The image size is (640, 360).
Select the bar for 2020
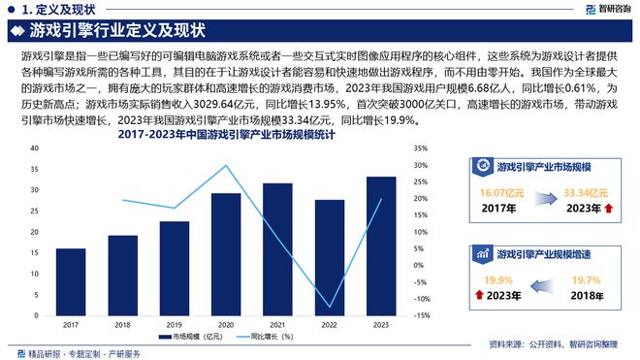coord(226,253)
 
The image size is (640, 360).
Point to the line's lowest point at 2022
coord(330,307)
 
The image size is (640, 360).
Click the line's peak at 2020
coord(226,166)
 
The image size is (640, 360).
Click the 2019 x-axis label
coord(175,323)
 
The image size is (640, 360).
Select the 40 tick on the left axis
coord(35,148)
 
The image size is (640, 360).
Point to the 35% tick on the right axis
coord(419,148)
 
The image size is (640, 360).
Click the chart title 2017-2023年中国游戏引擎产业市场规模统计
coord(221,137)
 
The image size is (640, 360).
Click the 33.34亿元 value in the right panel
coord(586,192)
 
